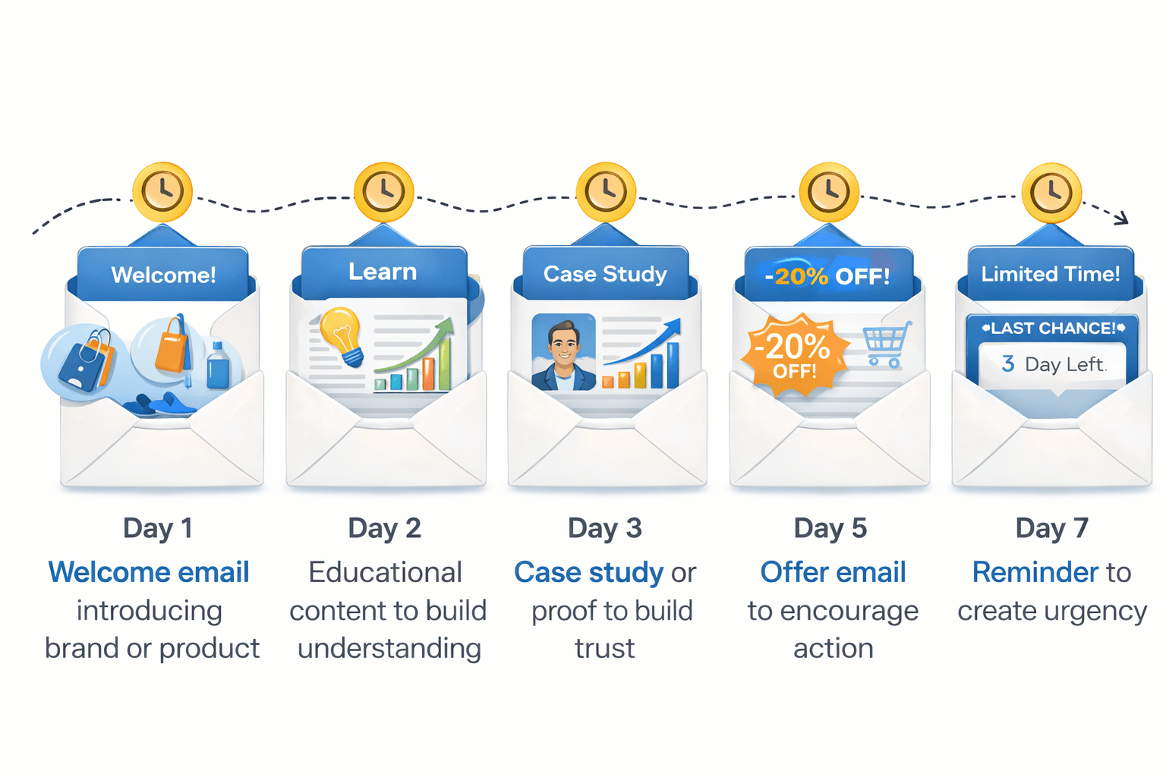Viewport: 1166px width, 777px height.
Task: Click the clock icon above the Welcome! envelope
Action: pos(162,191)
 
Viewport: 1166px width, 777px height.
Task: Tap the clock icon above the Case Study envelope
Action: pos(606,191)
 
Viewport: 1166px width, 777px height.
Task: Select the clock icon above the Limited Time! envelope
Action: pos(1051,192)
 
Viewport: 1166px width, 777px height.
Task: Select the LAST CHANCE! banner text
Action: pos(1053,329)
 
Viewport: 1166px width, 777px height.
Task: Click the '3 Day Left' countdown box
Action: pos(1053,364)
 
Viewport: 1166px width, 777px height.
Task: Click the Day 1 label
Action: pos(158,528)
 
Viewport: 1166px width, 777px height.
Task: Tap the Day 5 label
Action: pos(830,528)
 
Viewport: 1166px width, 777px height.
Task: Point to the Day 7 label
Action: pos(1052,528)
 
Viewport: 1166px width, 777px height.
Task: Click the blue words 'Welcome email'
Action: pos(149,572)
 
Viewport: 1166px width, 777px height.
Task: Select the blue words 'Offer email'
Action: pos(833,572)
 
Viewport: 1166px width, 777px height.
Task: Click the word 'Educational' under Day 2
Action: pos(385,572)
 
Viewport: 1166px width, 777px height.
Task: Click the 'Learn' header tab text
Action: pos(383,272)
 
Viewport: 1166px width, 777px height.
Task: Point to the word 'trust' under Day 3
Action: pos(604,649)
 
